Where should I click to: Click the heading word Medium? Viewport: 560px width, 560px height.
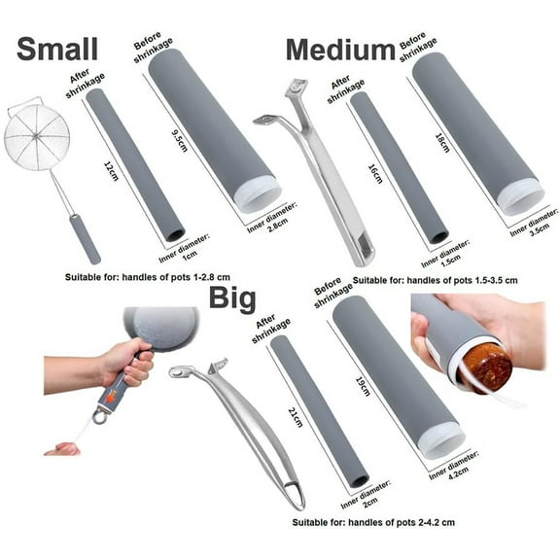339,49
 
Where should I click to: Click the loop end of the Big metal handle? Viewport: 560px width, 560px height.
293,495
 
